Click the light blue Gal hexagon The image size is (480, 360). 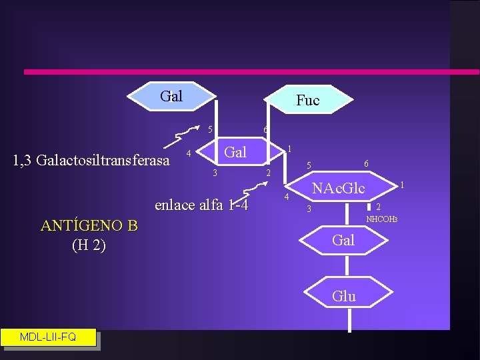click(171, 96)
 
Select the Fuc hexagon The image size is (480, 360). click(307, 100)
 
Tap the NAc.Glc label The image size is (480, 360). click(339, 189)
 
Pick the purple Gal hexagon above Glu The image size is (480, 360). click(343, 240)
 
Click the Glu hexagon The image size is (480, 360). click(343, 296)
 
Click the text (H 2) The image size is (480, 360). click(89, 245)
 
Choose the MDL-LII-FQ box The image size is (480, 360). click(48, 337)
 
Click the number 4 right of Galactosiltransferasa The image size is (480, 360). click(189, 154)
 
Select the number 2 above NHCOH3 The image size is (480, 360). click(378, 207)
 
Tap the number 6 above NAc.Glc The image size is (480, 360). click(366, 163)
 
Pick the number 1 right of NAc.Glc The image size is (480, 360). click(402, 184)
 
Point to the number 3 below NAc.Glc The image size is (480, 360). click(308, 209)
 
